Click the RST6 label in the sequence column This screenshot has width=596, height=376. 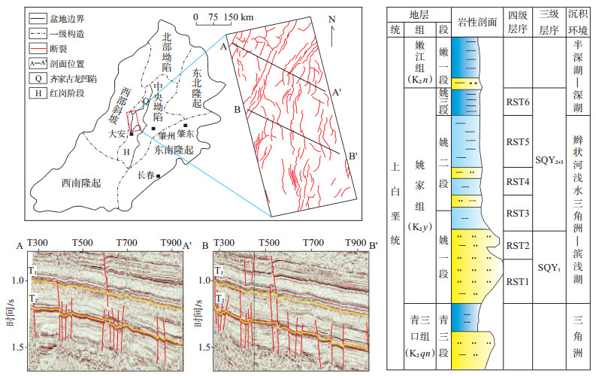[x=518, y=102]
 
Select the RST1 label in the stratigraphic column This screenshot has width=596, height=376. [x=518, y=282]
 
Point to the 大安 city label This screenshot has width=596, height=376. [x=118, y=135]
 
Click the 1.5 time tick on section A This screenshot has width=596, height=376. [x=17, y=347]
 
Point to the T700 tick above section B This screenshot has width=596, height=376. [x=313, y=244]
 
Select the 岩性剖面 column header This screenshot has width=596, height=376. [x=477, y=23]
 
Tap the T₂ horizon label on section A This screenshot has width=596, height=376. [x=33, y=299]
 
